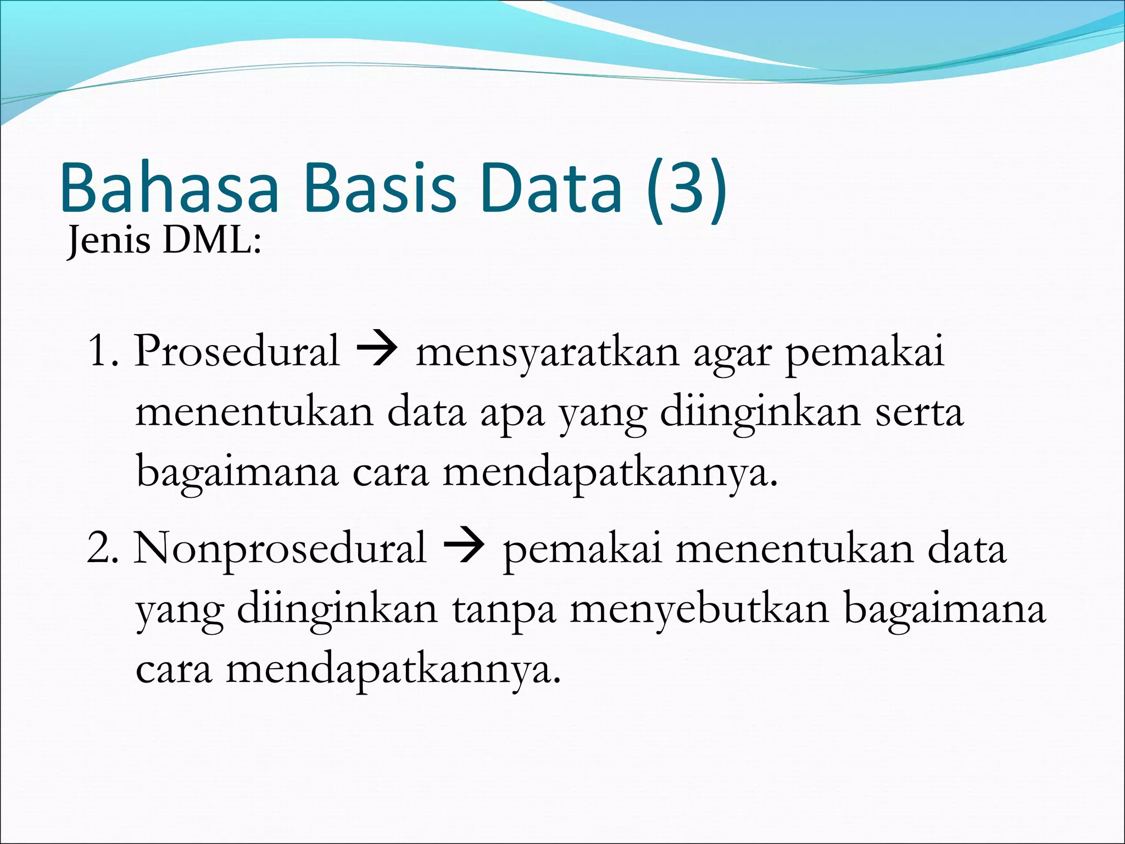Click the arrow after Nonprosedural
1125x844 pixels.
[464, 547]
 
